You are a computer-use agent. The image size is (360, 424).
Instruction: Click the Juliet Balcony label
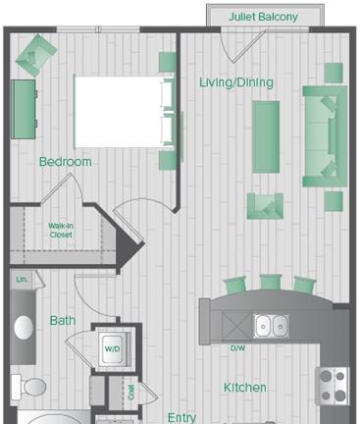click(x=265, y=17)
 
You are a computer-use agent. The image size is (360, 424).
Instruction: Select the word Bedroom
click(x=66, y=162)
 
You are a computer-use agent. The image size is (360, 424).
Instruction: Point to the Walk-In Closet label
click(x=62, y=231)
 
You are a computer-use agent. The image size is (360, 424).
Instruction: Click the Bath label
click(x=63, y=320)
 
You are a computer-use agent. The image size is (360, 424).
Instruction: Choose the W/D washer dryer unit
click(x=112, y=349)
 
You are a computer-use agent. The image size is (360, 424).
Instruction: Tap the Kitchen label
click(x=244, y=388)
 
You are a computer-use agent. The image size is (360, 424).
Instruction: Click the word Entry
click(x=181, y=416)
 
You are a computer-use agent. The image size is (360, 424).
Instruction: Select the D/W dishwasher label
click(x=236, y=348)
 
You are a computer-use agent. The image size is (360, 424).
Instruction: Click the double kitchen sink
click(x=271, y=326)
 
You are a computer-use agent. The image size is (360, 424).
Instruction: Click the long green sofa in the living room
click(x=325, y=135)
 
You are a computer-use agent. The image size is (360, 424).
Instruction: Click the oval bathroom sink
click(x=23, y=327)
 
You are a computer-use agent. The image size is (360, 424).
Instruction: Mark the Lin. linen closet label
click(x=22, y=281)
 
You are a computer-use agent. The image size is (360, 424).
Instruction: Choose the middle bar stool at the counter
click(x=270, y=285)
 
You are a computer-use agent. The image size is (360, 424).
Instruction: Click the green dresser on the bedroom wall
click(x=22, y=110)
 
